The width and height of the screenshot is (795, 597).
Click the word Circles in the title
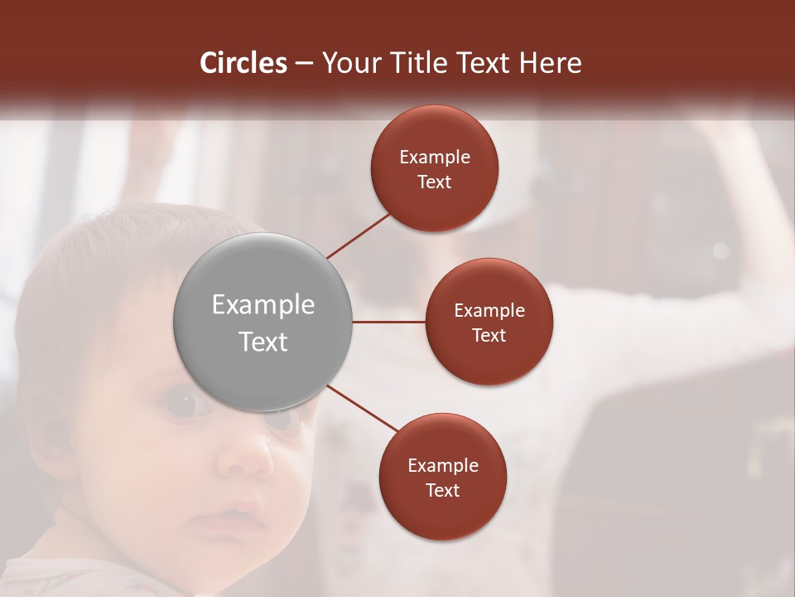243,63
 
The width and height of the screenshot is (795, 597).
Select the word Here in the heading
551,63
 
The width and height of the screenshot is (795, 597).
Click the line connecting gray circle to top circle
358,235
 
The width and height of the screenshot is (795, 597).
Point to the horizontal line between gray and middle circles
388,322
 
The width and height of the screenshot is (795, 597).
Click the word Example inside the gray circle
263,305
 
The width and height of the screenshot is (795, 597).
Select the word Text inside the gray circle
263,342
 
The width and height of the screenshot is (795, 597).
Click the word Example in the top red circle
435,158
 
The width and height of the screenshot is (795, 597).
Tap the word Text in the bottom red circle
443,491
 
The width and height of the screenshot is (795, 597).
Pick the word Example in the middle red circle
489,311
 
